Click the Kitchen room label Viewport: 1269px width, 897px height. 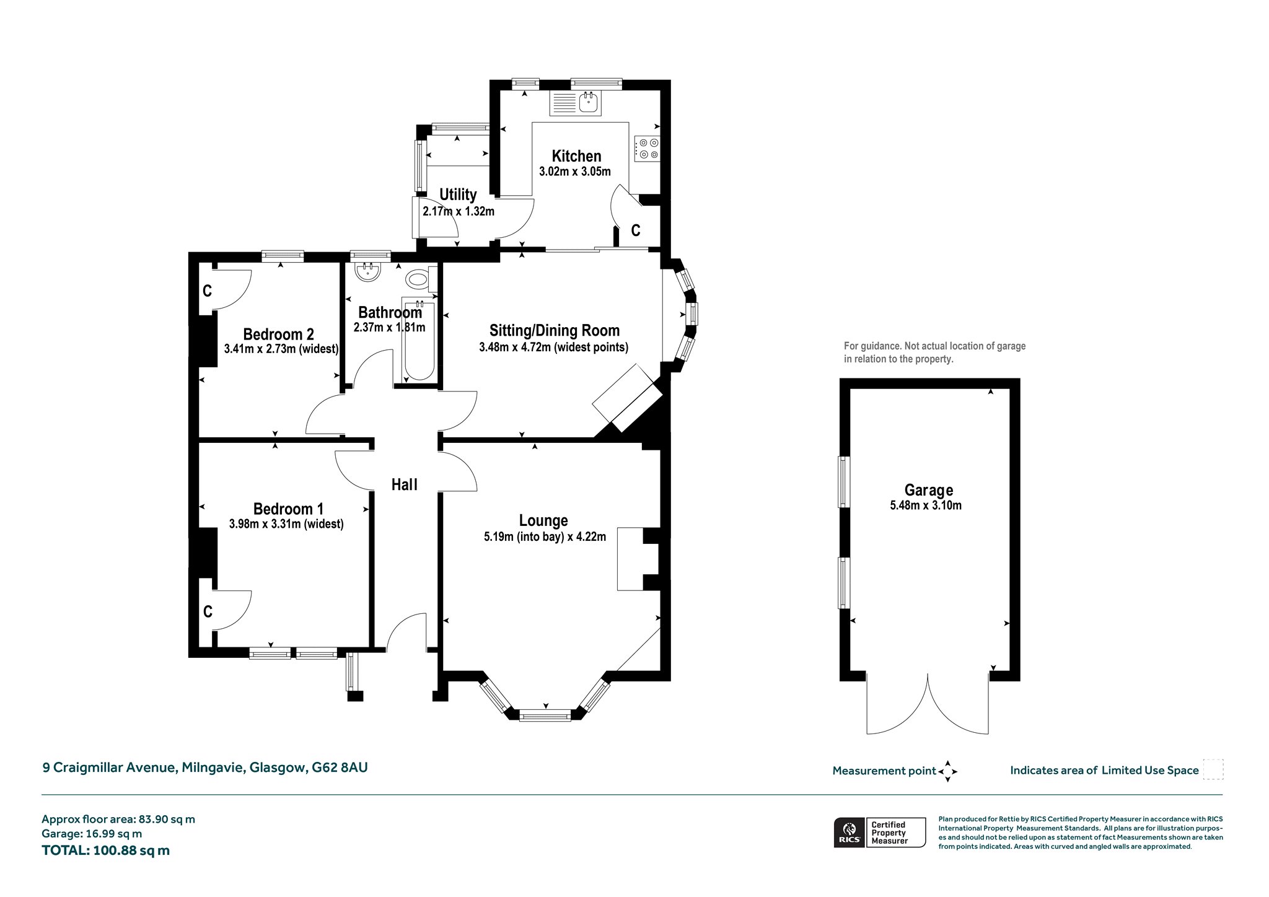pyautogui.click(x=576, y=156)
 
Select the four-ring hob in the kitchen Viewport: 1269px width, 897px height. pyautogui.click(x=647, y=148)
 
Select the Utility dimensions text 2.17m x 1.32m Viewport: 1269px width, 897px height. pyautogui.click(x=459, y=211)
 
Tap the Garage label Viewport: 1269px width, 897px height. pyautogui.click(x=928, y=491)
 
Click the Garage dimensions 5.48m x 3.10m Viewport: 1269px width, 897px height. pyautogui.click(x=926, y=505)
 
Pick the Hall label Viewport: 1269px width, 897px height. pyautogui.click(x=405, y=484)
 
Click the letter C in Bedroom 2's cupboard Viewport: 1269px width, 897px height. pyautogui.click(x=208, y=291)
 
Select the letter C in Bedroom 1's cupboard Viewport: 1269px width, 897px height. pyautogui.click(x=208, y=611)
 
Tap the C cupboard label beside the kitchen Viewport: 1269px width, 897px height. pyautogui.click(x=636, y=230)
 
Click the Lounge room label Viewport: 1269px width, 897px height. pyautogui.click(x=543, y=521)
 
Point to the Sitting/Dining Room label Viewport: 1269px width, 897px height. pyautogui.click(x=555, y=331)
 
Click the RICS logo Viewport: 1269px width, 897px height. pyautogui.click(x=850, y=832)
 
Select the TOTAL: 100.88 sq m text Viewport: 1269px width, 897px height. pyautogui.click(x=106, y=850)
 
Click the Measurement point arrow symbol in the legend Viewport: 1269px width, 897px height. pyautogui.click(x=947, y=771)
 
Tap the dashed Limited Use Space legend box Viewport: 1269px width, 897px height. pyautogui.click(x=1213, y=769)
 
